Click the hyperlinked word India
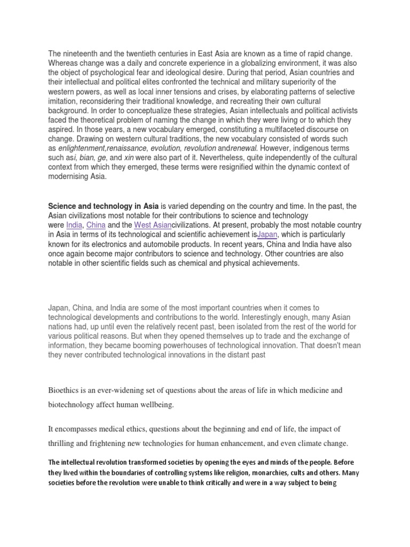(x=75, y=225)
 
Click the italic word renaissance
(x=127, y=148)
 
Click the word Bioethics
(x=66, y=391)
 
